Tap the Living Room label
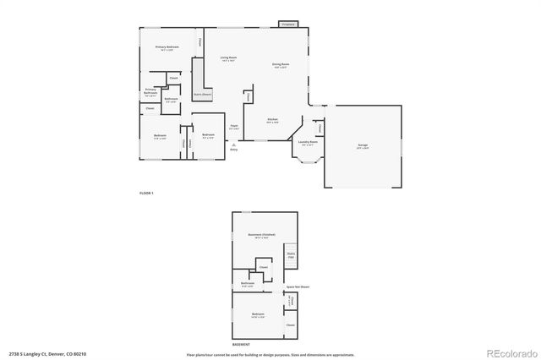coord(228,59)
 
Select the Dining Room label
coord(281,66)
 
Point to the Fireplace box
coord(288,25)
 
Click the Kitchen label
coord(272,121)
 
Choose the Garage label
coord(363,145)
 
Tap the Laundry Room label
coord(308,143)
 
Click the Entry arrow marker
coord(233,145)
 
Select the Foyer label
coord(234,127)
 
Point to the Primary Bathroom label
coord(150,91)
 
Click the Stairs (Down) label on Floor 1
coord(201,94)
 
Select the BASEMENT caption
coord(242,344)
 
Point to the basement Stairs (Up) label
coord(291,254)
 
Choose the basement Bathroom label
coord(248,283)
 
